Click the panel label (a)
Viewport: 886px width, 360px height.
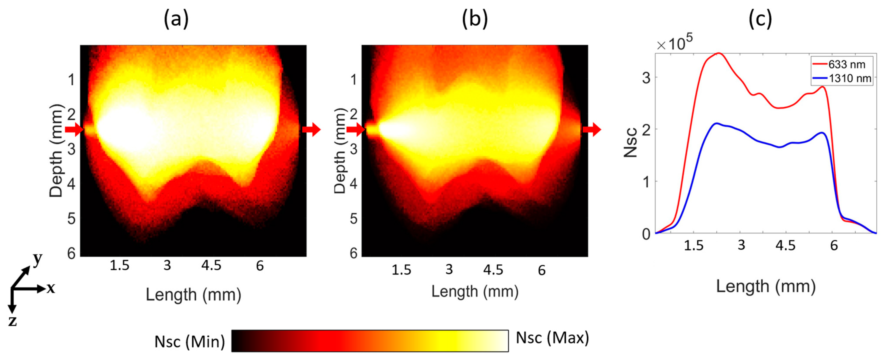point(176,19)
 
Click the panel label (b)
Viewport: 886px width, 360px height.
point(475,19)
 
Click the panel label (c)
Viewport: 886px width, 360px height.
point(760,19)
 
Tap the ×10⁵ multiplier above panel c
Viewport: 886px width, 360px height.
point(674,44)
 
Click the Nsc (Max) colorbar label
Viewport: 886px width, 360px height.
point(552,338)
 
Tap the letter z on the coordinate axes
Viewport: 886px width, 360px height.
point(12,321)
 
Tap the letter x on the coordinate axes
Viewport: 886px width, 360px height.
point(51,288)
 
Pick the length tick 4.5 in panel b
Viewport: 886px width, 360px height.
point(493,270)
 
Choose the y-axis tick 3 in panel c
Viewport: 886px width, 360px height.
point(647,78)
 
